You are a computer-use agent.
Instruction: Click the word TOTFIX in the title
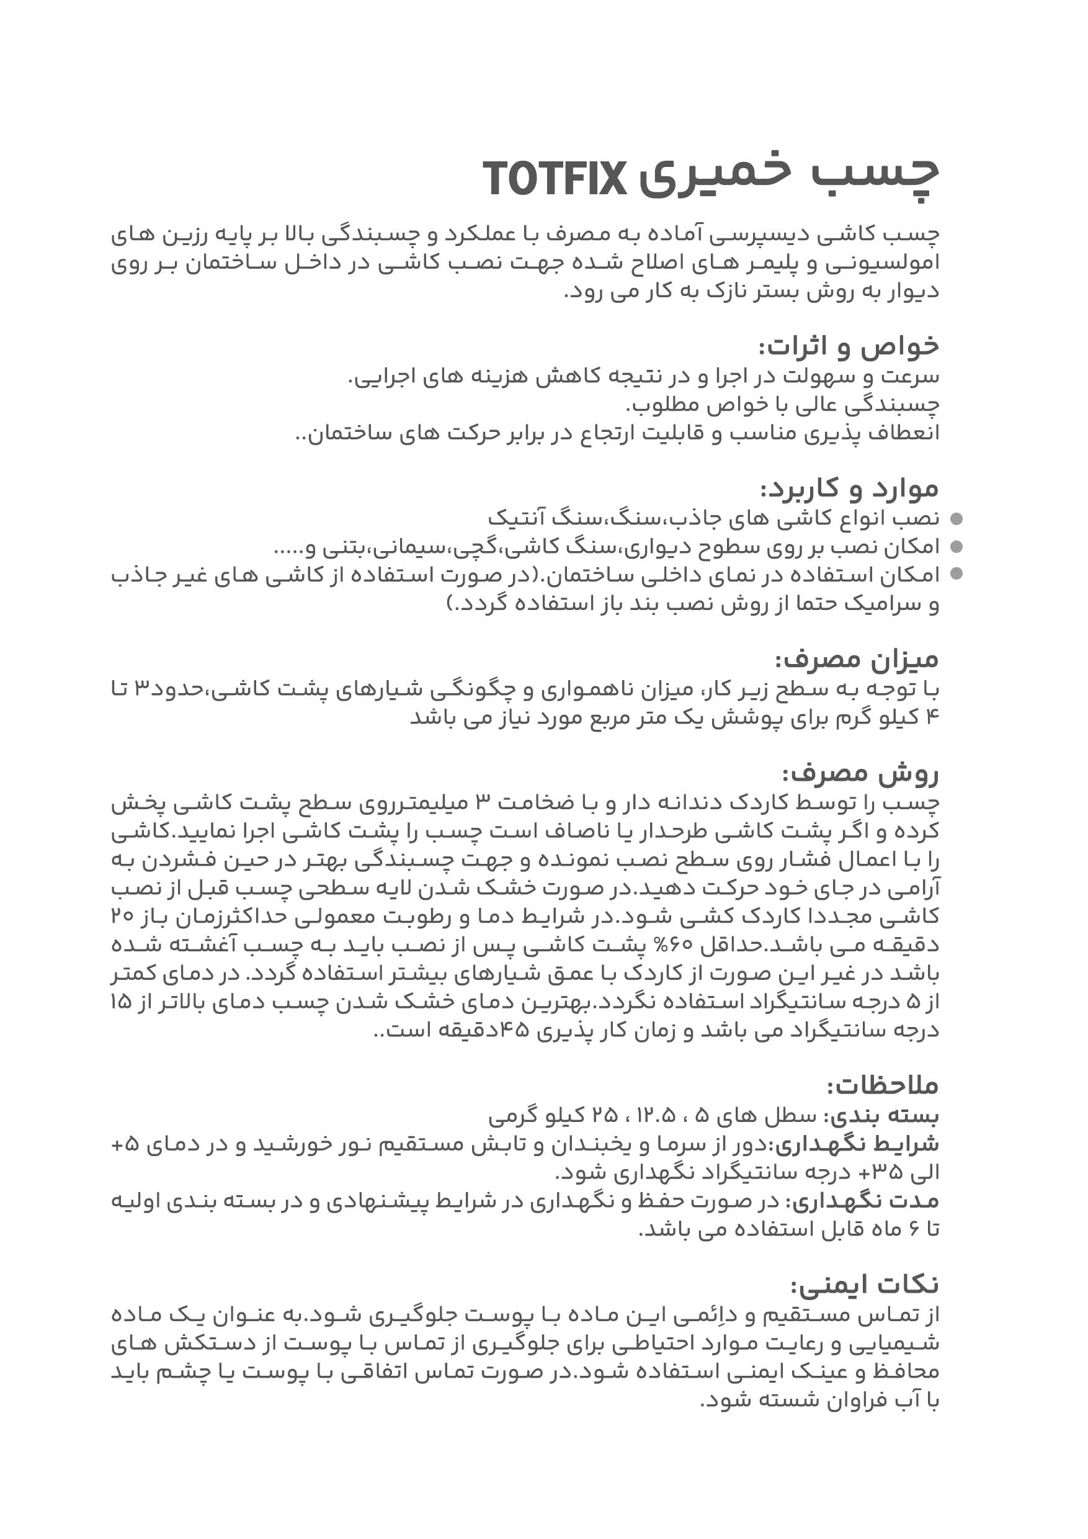pos(554,179)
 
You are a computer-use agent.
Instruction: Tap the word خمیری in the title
pos(714,177)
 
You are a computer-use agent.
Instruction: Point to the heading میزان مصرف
pos(857,660)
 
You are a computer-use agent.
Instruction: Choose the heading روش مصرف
pos(860,773)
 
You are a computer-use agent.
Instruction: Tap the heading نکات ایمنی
pos(865,1285)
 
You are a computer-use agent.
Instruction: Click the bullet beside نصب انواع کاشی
pos(956,519)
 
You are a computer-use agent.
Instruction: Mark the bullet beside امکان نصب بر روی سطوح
pos(956,547)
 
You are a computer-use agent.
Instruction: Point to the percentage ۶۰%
pos(715,945)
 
